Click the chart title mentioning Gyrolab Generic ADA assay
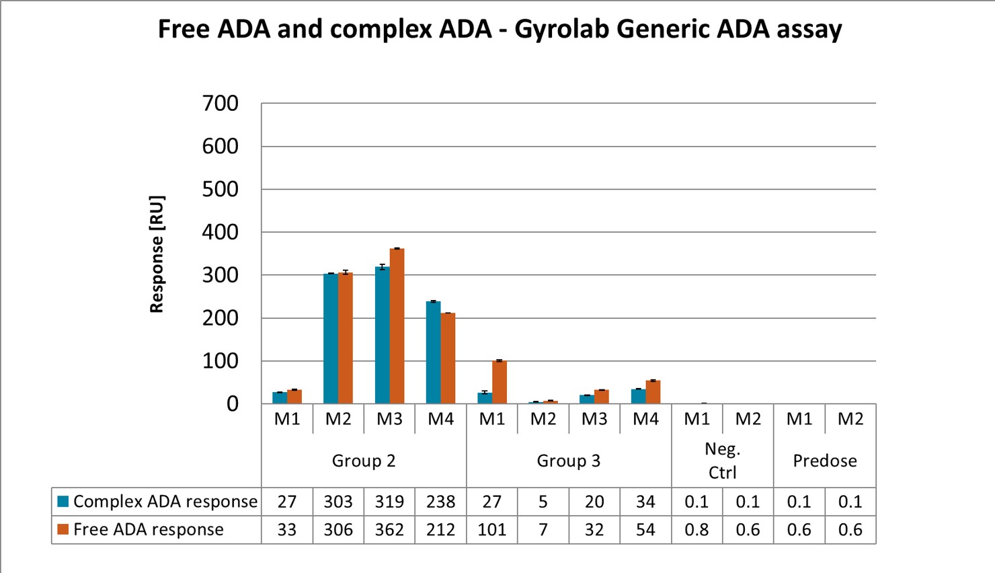[500, 29]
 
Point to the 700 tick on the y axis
[221, 104]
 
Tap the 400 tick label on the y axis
[221, 232]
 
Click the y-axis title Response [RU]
[157, 254]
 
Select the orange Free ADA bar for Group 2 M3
[397, 326]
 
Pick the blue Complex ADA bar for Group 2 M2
[330, 338]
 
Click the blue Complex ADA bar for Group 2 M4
[433, 352]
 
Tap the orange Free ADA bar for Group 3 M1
[500, 382]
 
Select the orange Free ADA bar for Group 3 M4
[653, 392]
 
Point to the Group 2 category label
[364, 461]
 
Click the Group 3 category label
[569, 461]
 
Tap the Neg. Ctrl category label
[723, 461]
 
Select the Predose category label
[825, 461]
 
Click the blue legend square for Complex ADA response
[64, 501]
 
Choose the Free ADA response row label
[148, 530]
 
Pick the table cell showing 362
[389, 530]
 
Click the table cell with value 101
[492, 530]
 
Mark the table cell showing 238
[440, 502]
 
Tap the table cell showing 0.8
[696, 530]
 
